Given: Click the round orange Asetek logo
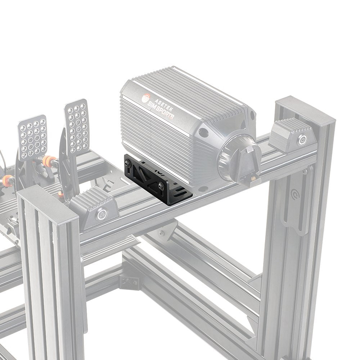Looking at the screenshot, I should [x=147, y=98].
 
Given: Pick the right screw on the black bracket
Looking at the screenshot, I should [x=161, y=186].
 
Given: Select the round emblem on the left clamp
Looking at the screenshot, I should [x=102, y=215].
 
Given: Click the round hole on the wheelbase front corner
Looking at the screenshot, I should [x=204, y=133].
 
